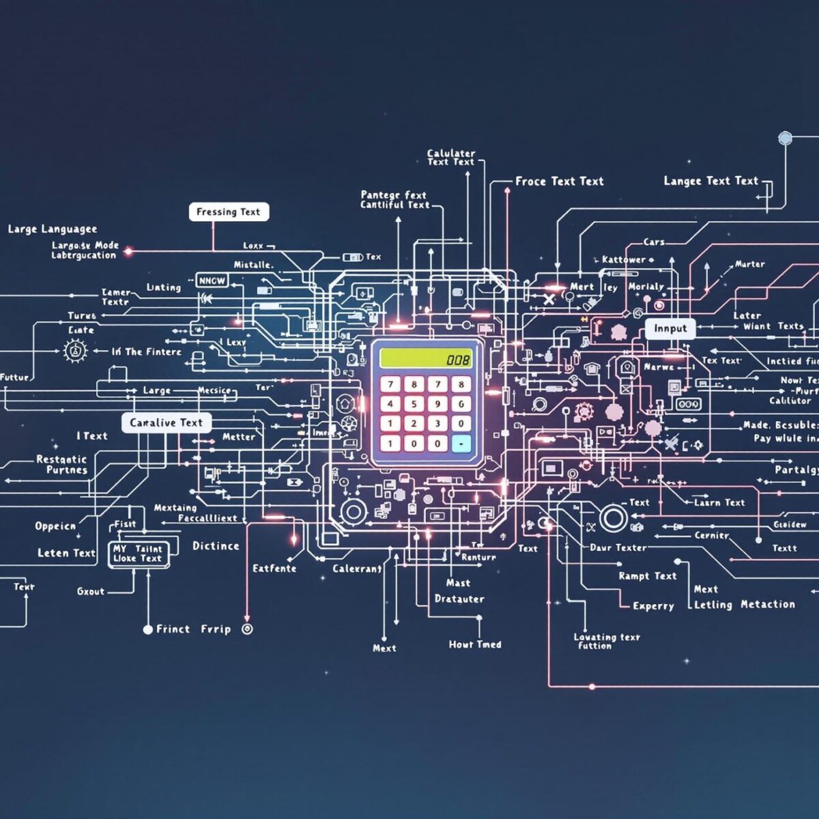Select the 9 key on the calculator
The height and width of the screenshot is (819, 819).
[437, 403]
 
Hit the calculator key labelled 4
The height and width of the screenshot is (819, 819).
[390, 403]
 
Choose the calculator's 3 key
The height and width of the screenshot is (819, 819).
[437, 423]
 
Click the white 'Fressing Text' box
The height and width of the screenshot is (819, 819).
[229, 212]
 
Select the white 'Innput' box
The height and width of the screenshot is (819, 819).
[670, 328]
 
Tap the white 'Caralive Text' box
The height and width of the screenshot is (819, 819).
[167, 422]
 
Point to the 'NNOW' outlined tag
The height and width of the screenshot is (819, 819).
[212, 281]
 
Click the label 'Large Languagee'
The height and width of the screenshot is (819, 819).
[53, 229]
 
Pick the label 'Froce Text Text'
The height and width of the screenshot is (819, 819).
[559, 182]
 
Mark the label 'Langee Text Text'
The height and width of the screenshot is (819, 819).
[710, 181]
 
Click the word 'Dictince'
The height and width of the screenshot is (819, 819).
[216, 546]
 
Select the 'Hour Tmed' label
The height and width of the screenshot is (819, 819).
[475, 644]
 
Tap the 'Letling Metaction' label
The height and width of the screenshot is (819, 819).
[744, 605]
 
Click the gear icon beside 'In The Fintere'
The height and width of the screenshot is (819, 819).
[75, 351]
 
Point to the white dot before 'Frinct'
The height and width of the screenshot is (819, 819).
[147, 629]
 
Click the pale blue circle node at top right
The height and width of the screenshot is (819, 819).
[785, 139]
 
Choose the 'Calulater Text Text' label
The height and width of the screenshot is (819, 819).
[450, 158]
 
